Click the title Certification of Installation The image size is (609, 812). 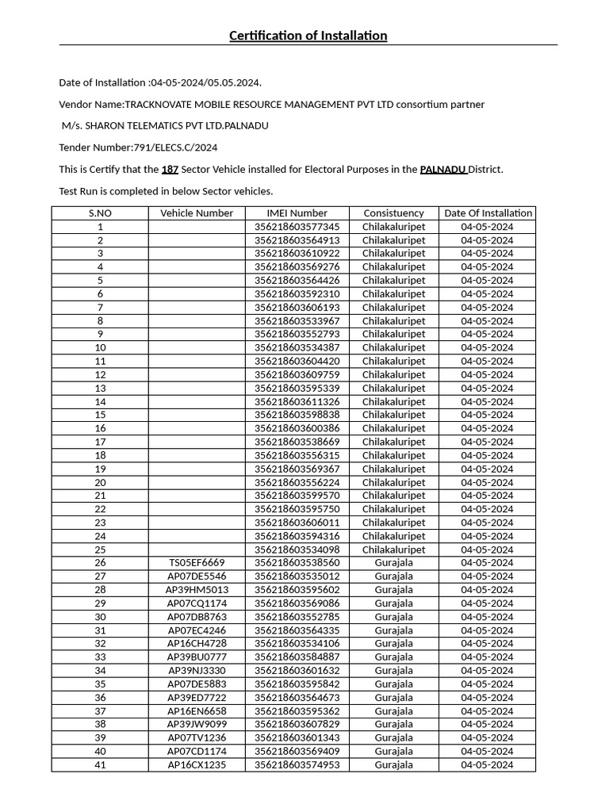pyautogui.click(x=308, y=36)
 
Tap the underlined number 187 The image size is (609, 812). pyautogui.click(x=170, y=170)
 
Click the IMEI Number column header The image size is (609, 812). pyautogui.click(x=297, y=213)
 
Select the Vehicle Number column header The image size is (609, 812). pyautogui.click(x=197, y=213)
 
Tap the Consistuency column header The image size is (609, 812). pyautogui.click(x=393, y=213)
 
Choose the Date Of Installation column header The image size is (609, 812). pyautogui.click(x=487, y=213)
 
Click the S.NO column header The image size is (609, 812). pyautogui.click(x=100, y=213)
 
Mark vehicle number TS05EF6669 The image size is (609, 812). pyautogui.click(x=197, y=563)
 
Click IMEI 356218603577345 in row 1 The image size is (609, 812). pyautogui.click(x=297, y=227)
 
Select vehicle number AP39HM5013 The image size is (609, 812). pyautogui.click(x=197, y=590)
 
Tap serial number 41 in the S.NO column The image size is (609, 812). pyautogui.click(x=100, y=765)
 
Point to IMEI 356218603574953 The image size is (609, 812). pyautogui.click(x=297, y=765)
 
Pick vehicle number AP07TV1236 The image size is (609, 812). pyautogui.click(x=197, y=738)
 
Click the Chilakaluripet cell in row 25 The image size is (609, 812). pyautogui.click(x=393, y=550)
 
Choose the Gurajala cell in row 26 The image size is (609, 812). pyautogui.click(x=393, y=563)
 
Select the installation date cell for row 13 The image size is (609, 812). pyautogui.click(x=487, y=389)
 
